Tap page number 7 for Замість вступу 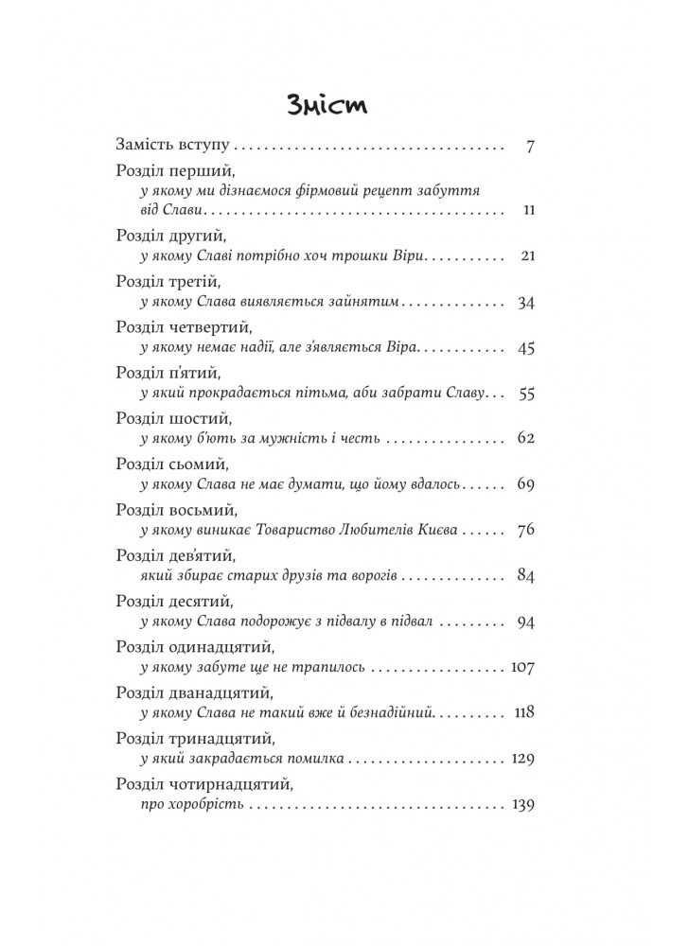click(530, 147)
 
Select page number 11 click(529, 209)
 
